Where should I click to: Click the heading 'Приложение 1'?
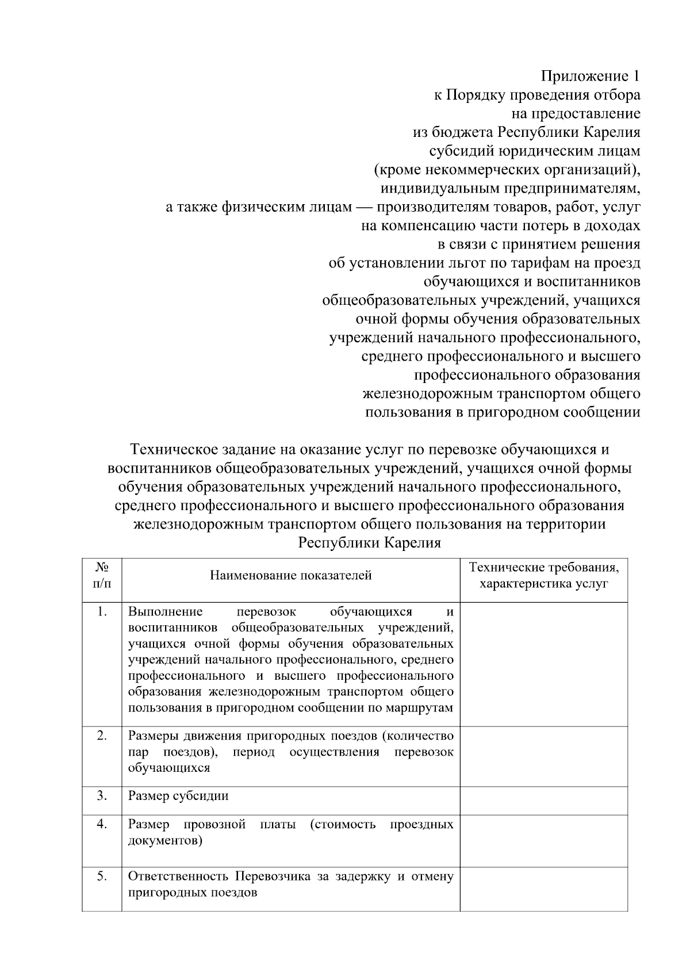click(590, 76)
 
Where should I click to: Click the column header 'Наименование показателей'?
click(290, 575)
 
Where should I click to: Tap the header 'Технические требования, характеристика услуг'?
click(543, 575)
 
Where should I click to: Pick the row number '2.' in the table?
click(102, 736)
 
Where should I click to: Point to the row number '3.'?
click(102, 795)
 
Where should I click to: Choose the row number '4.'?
click(102, 824)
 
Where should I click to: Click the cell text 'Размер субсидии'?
click(178, 796)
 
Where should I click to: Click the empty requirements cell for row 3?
click(543, 800)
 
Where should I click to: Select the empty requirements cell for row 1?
click(543, 664)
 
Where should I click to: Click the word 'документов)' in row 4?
click(165, 840)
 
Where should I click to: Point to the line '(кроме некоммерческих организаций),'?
click(507, 170)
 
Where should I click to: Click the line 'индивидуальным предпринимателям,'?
click(510, 188)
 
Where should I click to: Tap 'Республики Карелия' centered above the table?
click(369, 543)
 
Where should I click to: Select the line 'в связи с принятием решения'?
click(539, 244)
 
